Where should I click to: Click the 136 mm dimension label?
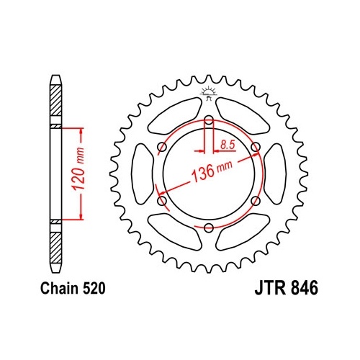coord(212,171)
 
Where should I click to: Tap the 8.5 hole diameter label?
coord(228,145)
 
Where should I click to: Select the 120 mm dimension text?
coord(78,168)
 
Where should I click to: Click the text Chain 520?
coord(73,288)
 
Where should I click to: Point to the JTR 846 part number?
coord(287,288)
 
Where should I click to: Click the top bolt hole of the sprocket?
coord(209,120)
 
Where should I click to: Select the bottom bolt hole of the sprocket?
coord(209,228)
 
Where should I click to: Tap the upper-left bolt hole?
coord(163,147)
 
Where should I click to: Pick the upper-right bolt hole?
coord(256,147)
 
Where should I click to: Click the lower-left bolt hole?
coord(163,201)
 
